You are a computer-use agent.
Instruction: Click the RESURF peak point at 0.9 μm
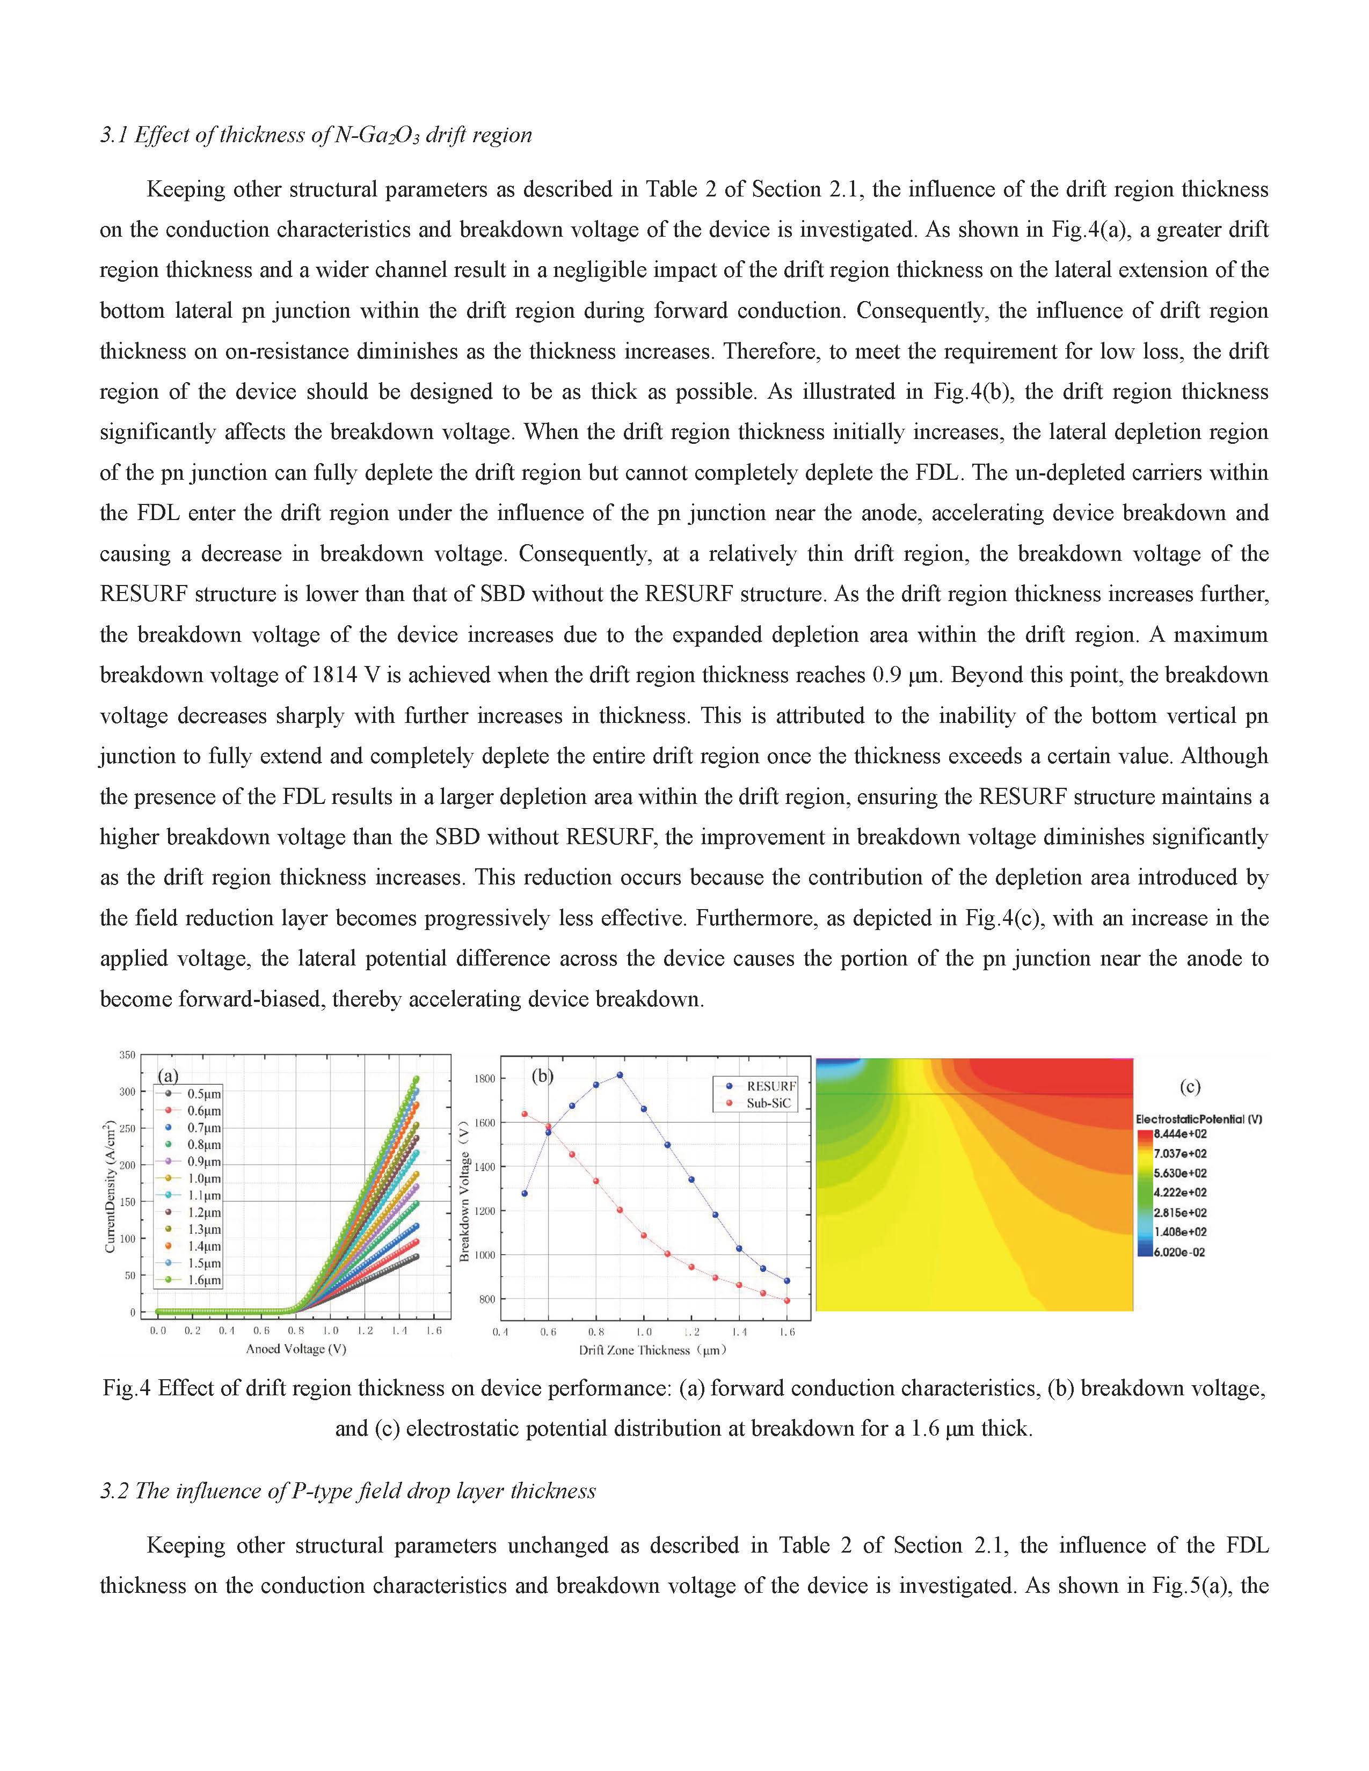620,1075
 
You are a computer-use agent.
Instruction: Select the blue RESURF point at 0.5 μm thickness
525,1194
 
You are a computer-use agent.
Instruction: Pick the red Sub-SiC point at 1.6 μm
787,1301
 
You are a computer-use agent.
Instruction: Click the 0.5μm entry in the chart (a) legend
203,1094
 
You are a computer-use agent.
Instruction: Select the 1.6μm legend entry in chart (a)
203,1280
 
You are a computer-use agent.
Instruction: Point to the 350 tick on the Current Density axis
127,1055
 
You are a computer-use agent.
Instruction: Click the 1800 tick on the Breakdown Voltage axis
485,1079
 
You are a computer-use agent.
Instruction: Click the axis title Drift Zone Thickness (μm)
652,1350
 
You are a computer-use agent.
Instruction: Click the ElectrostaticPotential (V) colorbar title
1198,1119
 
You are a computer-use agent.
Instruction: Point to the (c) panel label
1189,1087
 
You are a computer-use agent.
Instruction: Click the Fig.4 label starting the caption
127,1388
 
